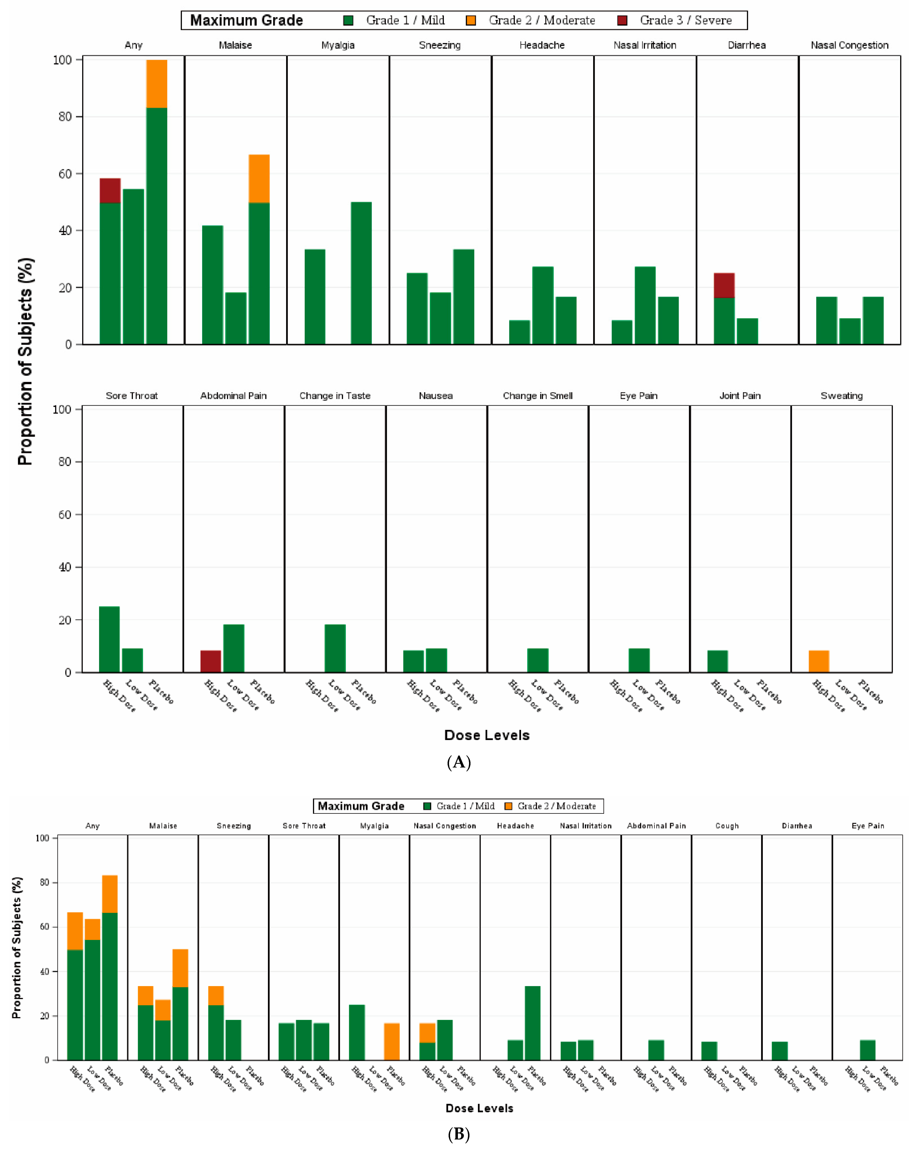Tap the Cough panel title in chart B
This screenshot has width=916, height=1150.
tap(727, 826)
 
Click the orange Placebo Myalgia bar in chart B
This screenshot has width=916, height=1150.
tap(392, 1041)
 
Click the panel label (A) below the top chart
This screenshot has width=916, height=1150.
tap(458, 762)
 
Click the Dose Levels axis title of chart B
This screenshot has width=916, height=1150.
tap(479, 1108)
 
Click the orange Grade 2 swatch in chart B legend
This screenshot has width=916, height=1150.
tap(508, 806)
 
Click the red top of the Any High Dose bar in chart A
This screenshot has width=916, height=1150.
tap(110, 190)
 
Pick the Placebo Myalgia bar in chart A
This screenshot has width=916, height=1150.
tap(361, 273)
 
